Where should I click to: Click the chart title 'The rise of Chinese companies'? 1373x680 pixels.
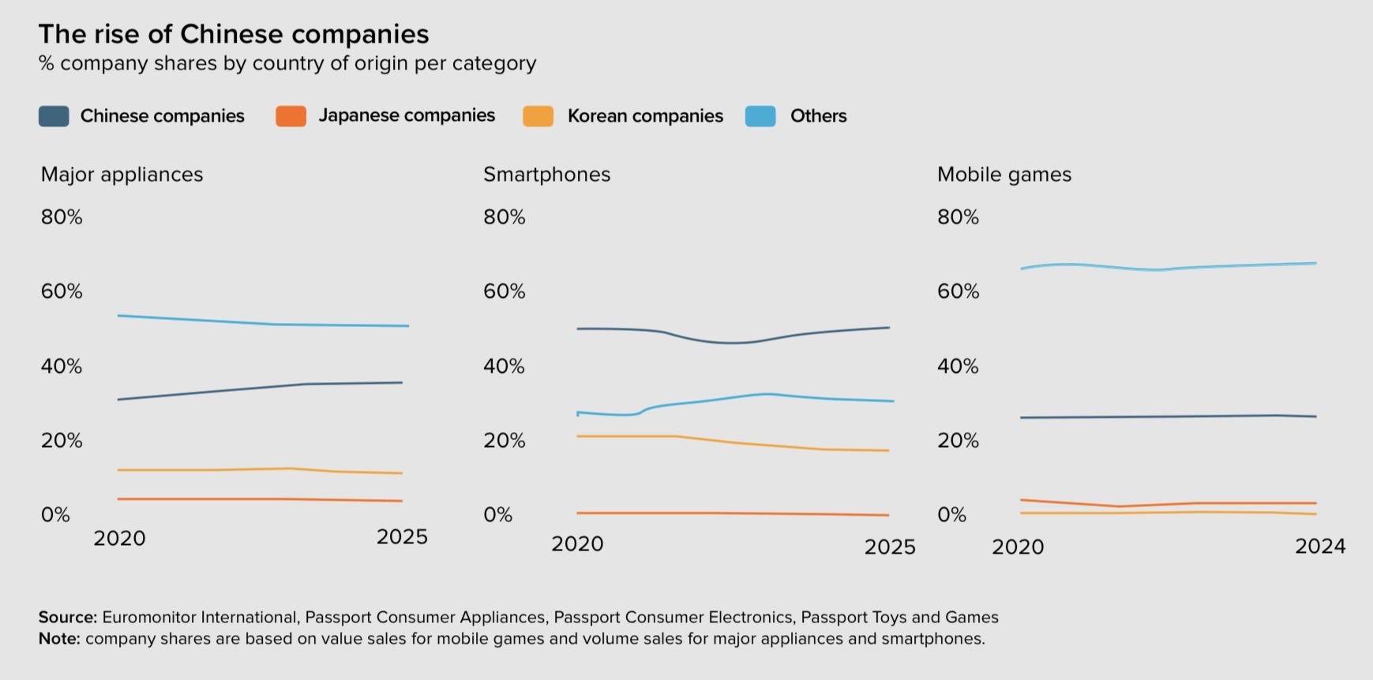[x=234, y=34]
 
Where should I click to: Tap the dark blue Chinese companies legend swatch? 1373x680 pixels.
[x=54, y=116]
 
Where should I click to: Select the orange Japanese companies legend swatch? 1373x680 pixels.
[x=291, y=116]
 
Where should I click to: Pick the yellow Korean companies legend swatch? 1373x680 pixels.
[x=538, y=116]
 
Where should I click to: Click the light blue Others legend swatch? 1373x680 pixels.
[x=760, y=116]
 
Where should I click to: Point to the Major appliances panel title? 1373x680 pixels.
[x=122, y=175]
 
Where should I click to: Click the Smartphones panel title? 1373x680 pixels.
[x=546, y=175]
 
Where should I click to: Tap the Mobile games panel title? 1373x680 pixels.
[x=1003, y=175]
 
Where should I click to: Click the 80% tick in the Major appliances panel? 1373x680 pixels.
[x=62, y=217]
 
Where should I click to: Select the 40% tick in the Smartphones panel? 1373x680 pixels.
[x=504, y=366]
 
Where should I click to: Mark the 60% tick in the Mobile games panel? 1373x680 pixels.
[x=958, y=291]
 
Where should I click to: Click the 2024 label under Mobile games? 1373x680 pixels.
[x=1319, y=547]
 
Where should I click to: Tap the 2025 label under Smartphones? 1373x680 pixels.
[x=889, y=547]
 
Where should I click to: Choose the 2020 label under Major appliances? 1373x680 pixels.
[x=119, y=539]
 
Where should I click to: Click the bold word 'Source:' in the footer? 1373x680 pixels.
[x=67, y=618]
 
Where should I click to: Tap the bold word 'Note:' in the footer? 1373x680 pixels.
[x=59, y=639]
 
